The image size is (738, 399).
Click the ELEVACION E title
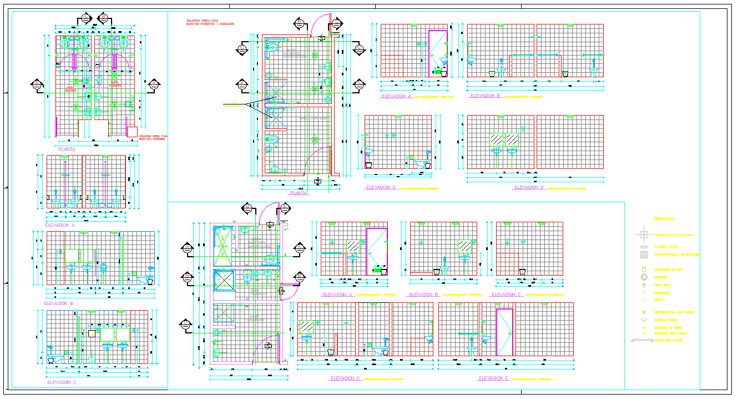tap(491, 378)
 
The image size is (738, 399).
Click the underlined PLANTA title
tap(299, 193)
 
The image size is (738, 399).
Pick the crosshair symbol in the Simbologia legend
tap(644, 235)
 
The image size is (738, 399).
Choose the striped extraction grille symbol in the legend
tap(644, 255)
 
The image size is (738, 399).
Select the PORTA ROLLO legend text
tap(663, 285)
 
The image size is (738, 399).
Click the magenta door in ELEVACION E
tap(504, 332)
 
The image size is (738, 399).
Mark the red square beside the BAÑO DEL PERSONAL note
tap(132, 132)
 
